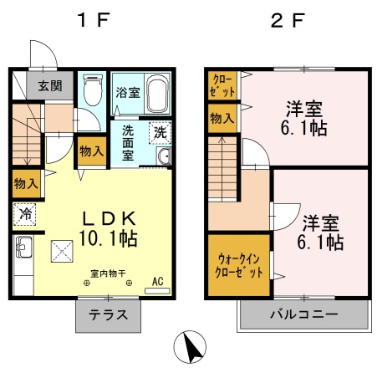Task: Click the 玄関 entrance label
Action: pyautogui.click(x=50, y=86)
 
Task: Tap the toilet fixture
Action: pyautogui.click(x=93, y=89)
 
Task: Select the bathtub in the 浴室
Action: pyautogui.click(x=158, y=94)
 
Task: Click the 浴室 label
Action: pyautogui.click(x=128, y=93)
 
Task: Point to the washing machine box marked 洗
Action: pyautogui.click(x=160, y=133)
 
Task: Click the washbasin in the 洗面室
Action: pyautogui.click(x=163, y=156)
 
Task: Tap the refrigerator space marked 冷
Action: pyautogui.click(x=24, y=214)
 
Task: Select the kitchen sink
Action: pyautogui.click(x=24, y=247)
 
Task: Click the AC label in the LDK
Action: pyautogui.click(x=158, y=281)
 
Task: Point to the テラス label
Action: pyautogui.click(x=109, y=315)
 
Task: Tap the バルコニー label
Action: pyautogui.click(x=304, y=314)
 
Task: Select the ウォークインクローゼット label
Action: pyautogui.click(x=239, y=266)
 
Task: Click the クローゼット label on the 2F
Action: pyautogui.click(x=222, y=85)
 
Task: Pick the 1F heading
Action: pyautogui.click(x=94, y=20)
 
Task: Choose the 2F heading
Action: pyautogui.click(x=288, y=20)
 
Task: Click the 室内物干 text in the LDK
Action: pyautogui.click(x=108, y=273)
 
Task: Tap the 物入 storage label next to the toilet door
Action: pyautogui.click(x=92, y=151)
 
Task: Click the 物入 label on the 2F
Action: pyautogui.click(x=222, y=119)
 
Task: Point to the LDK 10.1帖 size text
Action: pyautogui.click(x=109, y=228)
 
